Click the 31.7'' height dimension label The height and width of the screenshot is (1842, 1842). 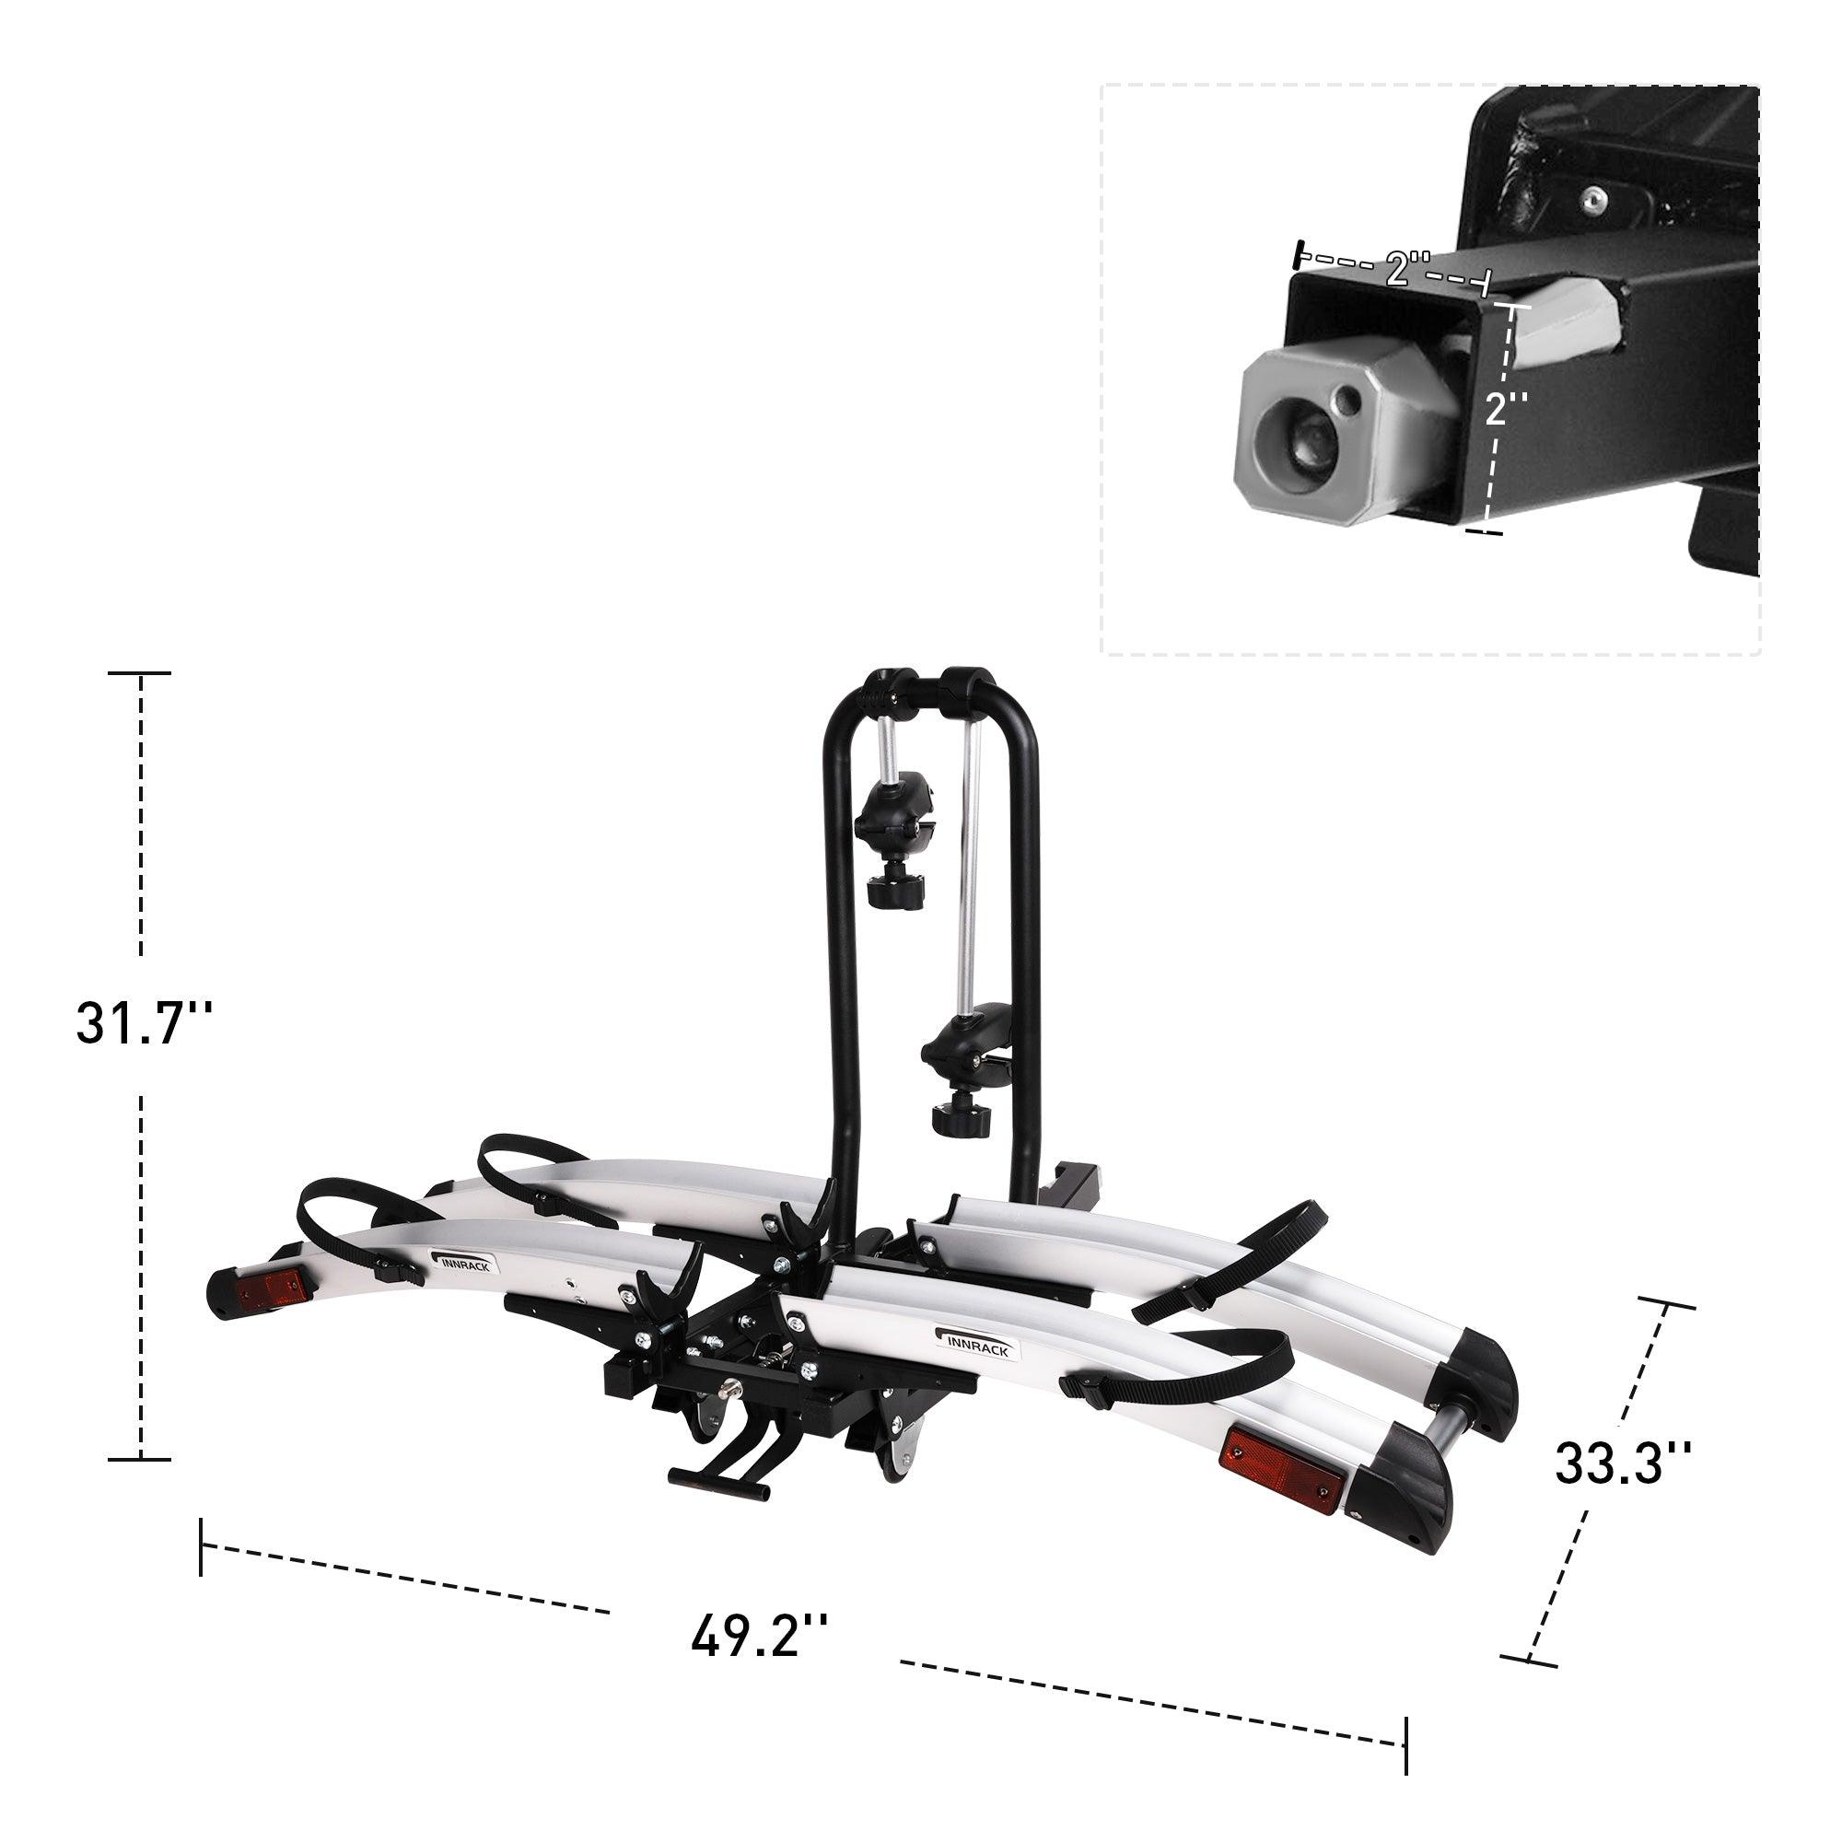[x=141, y=1024]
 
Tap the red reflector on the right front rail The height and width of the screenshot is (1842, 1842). [x=1281, y=1481]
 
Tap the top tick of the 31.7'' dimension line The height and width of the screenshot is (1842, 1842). [x=140, y=673]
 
